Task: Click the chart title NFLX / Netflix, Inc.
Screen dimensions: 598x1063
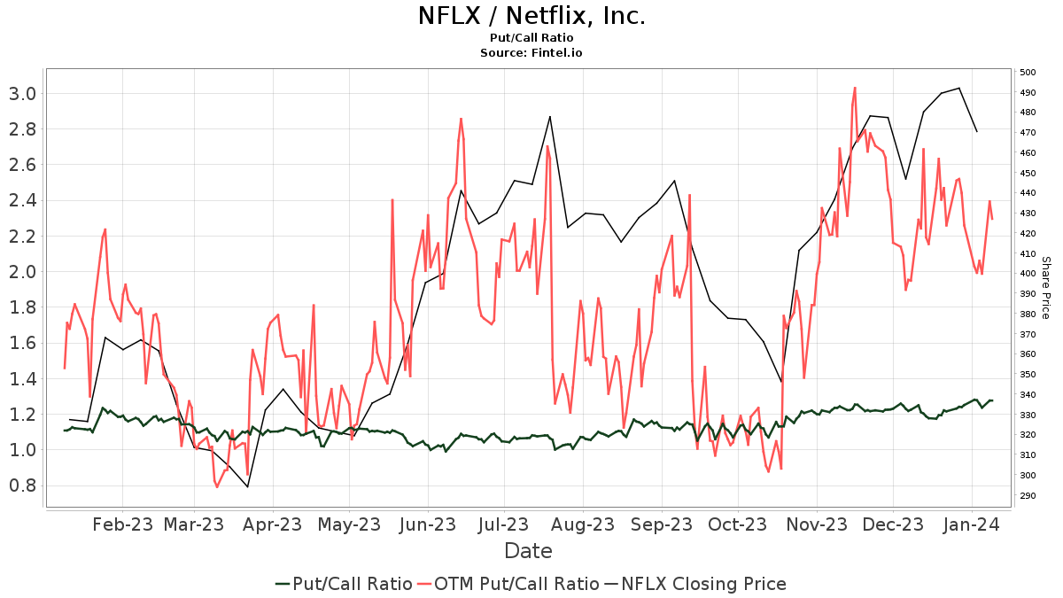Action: pyautogui.click(x=531, y=16)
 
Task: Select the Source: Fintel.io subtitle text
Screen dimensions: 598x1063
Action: pyautogui.click(x=531, y=53)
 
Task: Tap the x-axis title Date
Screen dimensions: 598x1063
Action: pyautogui.click(x=528, y=551)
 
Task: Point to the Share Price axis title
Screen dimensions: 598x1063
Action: pyautogui.click(x=1045, y=288)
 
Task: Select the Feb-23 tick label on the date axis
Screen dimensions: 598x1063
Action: pyautogui.click(x=123, y=525)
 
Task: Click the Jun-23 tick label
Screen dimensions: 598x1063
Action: pyautogui.click(x=428, y=525)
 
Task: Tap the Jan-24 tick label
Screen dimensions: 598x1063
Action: pyautogui.click(x=972, y=525)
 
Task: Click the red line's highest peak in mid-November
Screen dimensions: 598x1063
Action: pyautogui.click(x=855, y=88)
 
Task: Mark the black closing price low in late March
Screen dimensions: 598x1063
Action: pyautogui.click(x=247, y=486)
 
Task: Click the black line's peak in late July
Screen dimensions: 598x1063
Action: pyautogui.click(x=550, y=116)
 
